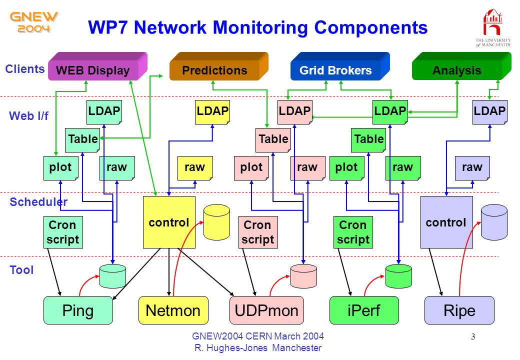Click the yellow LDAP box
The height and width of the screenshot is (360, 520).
212,112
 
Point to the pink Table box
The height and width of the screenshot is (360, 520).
273,140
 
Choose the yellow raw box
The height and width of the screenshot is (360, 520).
195,168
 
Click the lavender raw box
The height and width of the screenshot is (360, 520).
472,168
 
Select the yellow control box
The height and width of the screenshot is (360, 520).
169,222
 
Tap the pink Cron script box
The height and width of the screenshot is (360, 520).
258,232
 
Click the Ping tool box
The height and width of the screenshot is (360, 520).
78,310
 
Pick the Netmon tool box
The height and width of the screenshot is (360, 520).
173,310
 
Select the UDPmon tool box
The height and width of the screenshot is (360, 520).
266,310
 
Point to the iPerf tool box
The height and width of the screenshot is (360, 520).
364,310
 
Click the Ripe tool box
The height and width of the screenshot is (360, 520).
459,310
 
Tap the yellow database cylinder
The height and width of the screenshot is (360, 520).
216,222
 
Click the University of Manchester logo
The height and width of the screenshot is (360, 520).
493,28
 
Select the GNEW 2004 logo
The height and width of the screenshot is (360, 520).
34,22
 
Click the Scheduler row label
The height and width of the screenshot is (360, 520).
38,202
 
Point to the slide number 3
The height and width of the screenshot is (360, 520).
473,337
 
